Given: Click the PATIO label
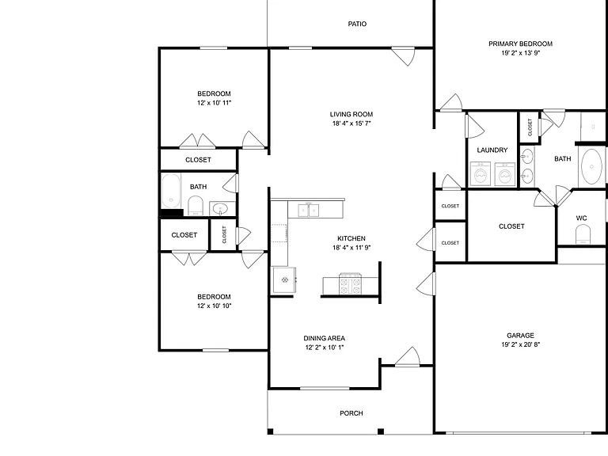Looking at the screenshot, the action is tap(357, 24).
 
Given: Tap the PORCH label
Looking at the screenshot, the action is tap(351, 413).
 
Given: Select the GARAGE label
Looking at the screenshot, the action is tap(520, 336).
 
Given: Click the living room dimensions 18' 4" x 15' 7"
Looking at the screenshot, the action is tap(351, 123).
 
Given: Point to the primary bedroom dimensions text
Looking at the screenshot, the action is tap(521, 53).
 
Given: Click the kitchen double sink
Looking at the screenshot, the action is tap(308, 210).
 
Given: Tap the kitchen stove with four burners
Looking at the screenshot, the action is tap(351, 284).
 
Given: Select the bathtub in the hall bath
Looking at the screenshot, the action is tap(171, 191).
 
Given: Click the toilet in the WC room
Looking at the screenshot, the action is tap(583, 234).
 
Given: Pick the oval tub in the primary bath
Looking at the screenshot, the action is tap(591, 167).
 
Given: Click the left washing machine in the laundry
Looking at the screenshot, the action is tap(481, 174).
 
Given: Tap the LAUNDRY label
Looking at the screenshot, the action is tap(492, 150).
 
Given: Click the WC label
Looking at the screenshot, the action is tap(581, 218).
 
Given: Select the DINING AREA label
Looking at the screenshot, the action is tap(324, 339).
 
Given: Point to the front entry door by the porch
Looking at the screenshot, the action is tap(408, 357).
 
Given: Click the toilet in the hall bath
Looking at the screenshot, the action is tap(196, 206).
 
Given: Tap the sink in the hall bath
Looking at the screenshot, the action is tap(221, 209).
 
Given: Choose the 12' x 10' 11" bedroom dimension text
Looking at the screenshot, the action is tap(214, 103).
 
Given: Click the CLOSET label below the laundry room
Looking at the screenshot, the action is tap(511, 226).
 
